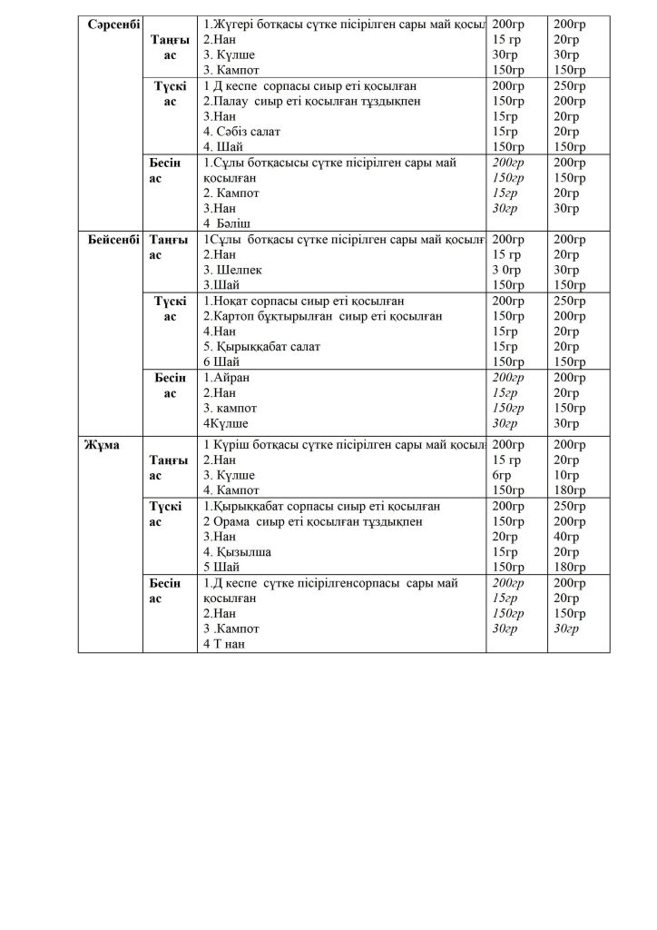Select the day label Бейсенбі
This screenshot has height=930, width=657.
113,240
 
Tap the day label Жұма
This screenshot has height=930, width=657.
102,444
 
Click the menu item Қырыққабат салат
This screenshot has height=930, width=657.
269,347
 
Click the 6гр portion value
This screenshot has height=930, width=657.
502,475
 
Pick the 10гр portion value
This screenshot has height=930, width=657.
566,475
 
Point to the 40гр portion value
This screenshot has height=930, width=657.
566,537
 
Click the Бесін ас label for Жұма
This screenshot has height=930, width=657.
165,590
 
